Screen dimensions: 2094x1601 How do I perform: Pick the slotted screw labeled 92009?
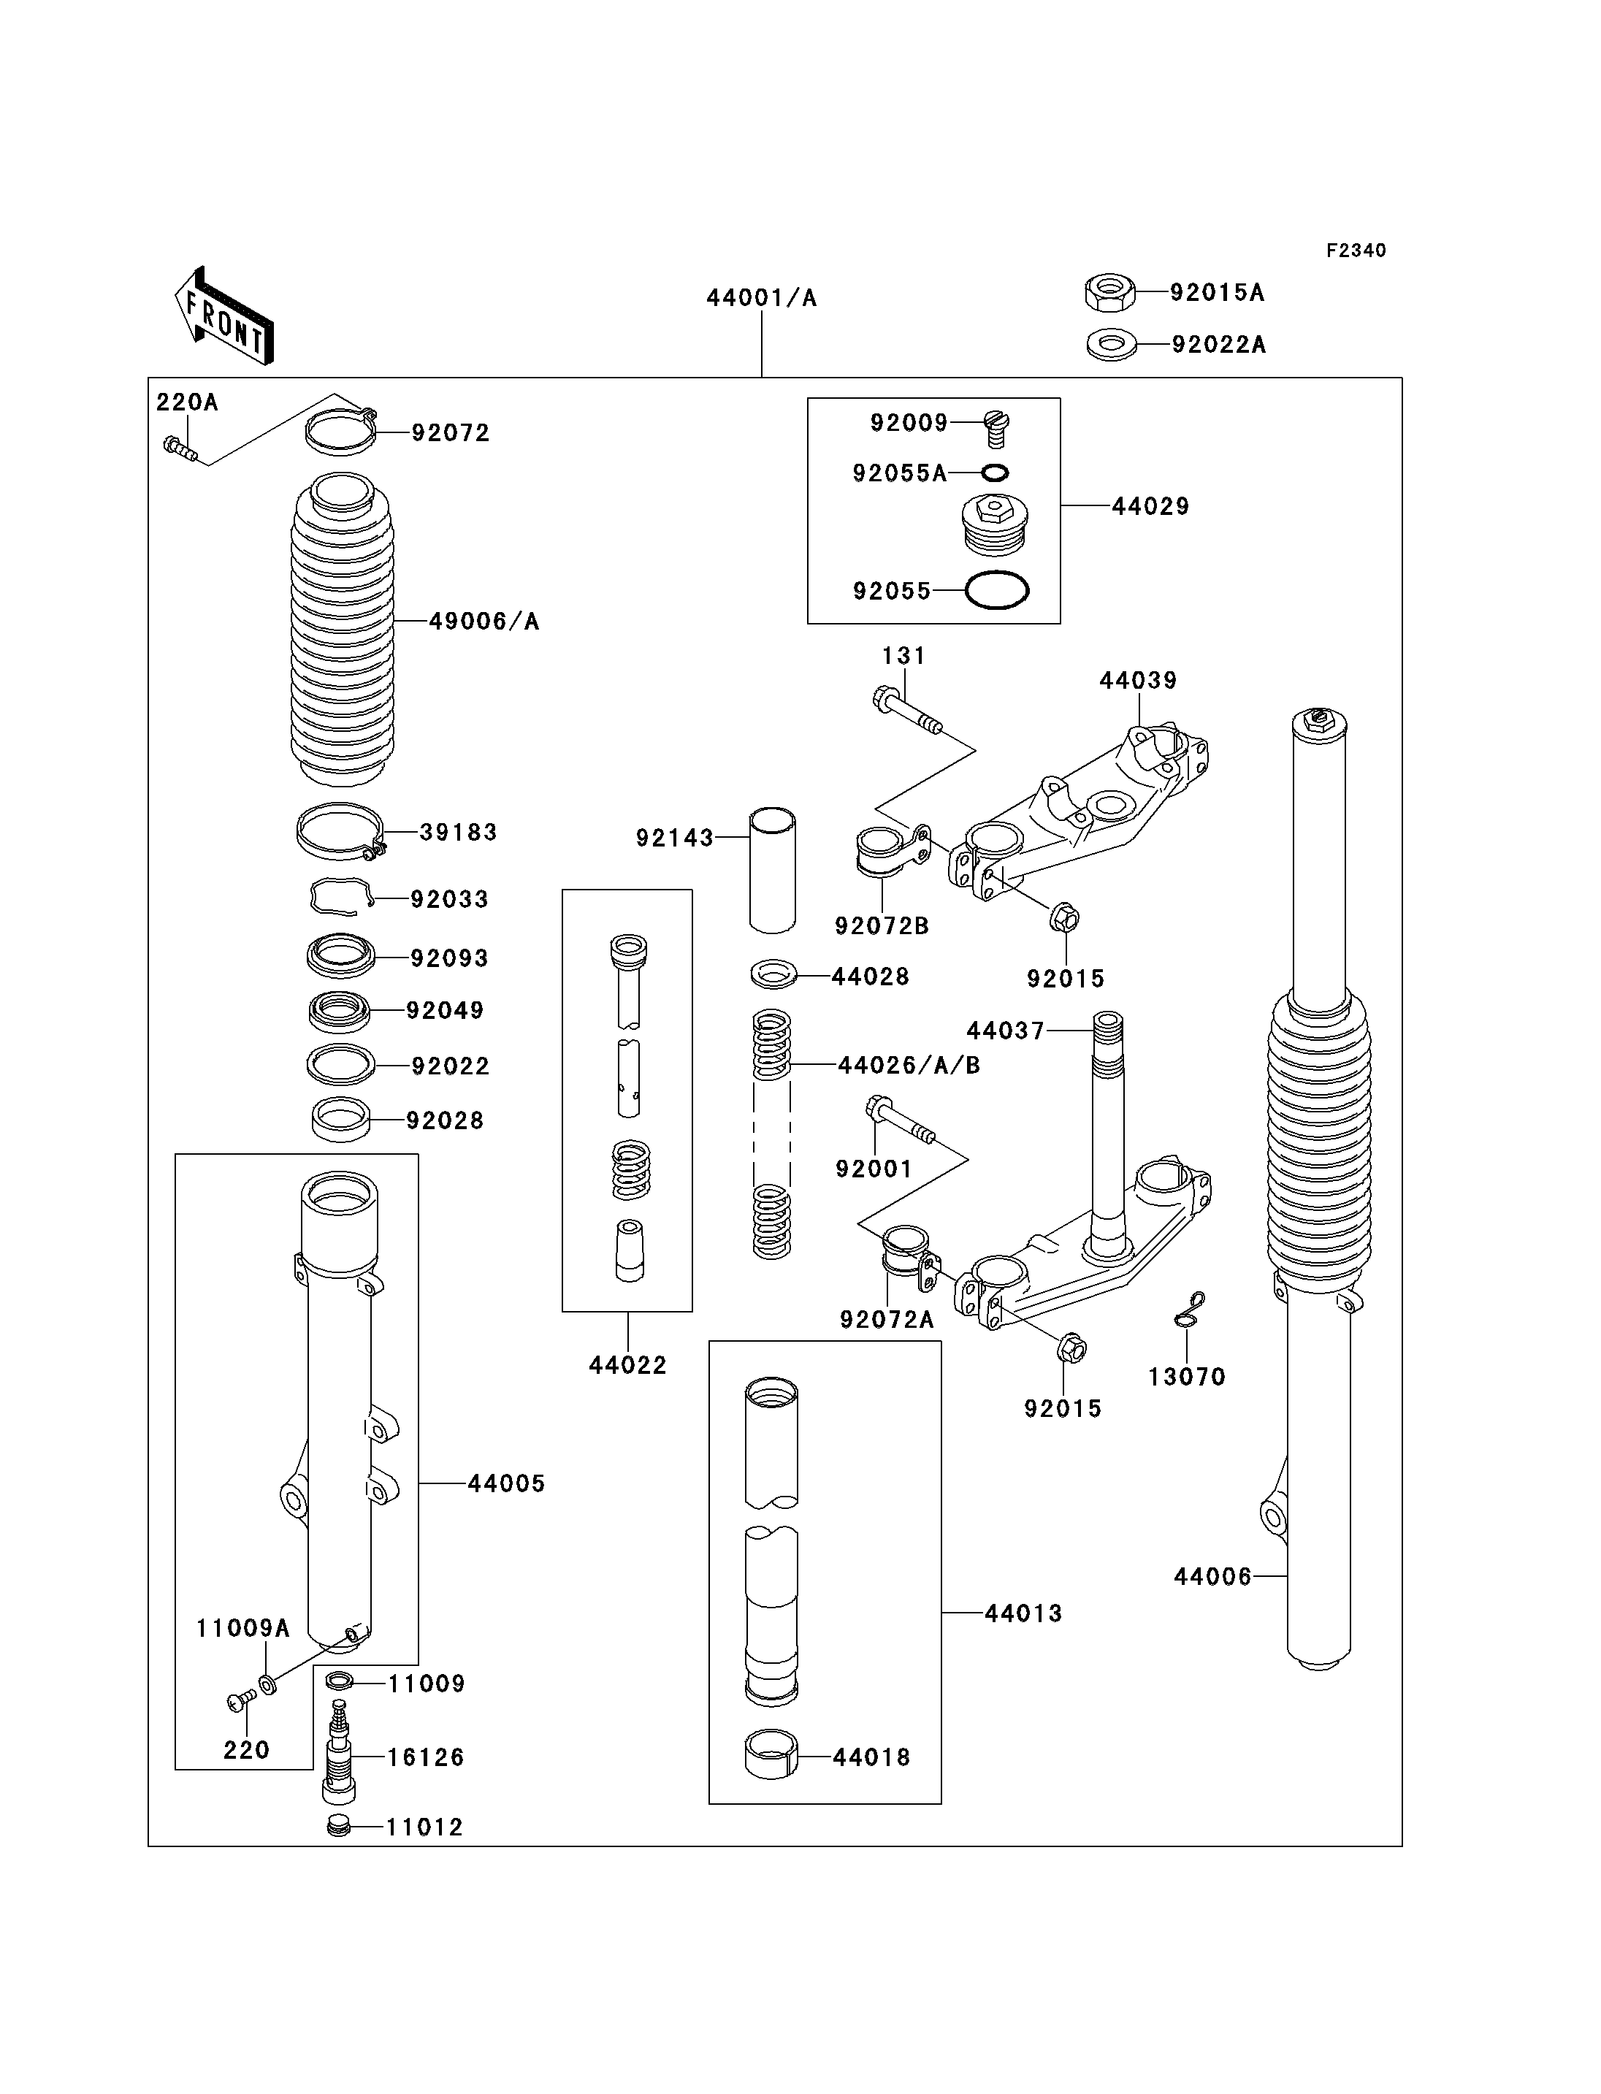995,428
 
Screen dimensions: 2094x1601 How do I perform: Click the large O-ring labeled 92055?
997,590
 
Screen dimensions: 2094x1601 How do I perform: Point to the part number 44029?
1150,506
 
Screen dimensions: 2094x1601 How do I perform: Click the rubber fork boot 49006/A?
341,629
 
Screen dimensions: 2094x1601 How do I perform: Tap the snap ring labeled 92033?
339,896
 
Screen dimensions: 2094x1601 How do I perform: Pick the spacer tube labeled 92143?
772,870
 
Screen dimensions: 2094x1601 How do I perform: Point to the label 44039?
1138,681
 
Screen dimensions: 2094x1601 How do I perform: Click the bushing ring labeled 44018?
771,1754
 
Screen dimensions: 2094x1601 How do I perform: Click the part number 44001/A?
762,298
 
